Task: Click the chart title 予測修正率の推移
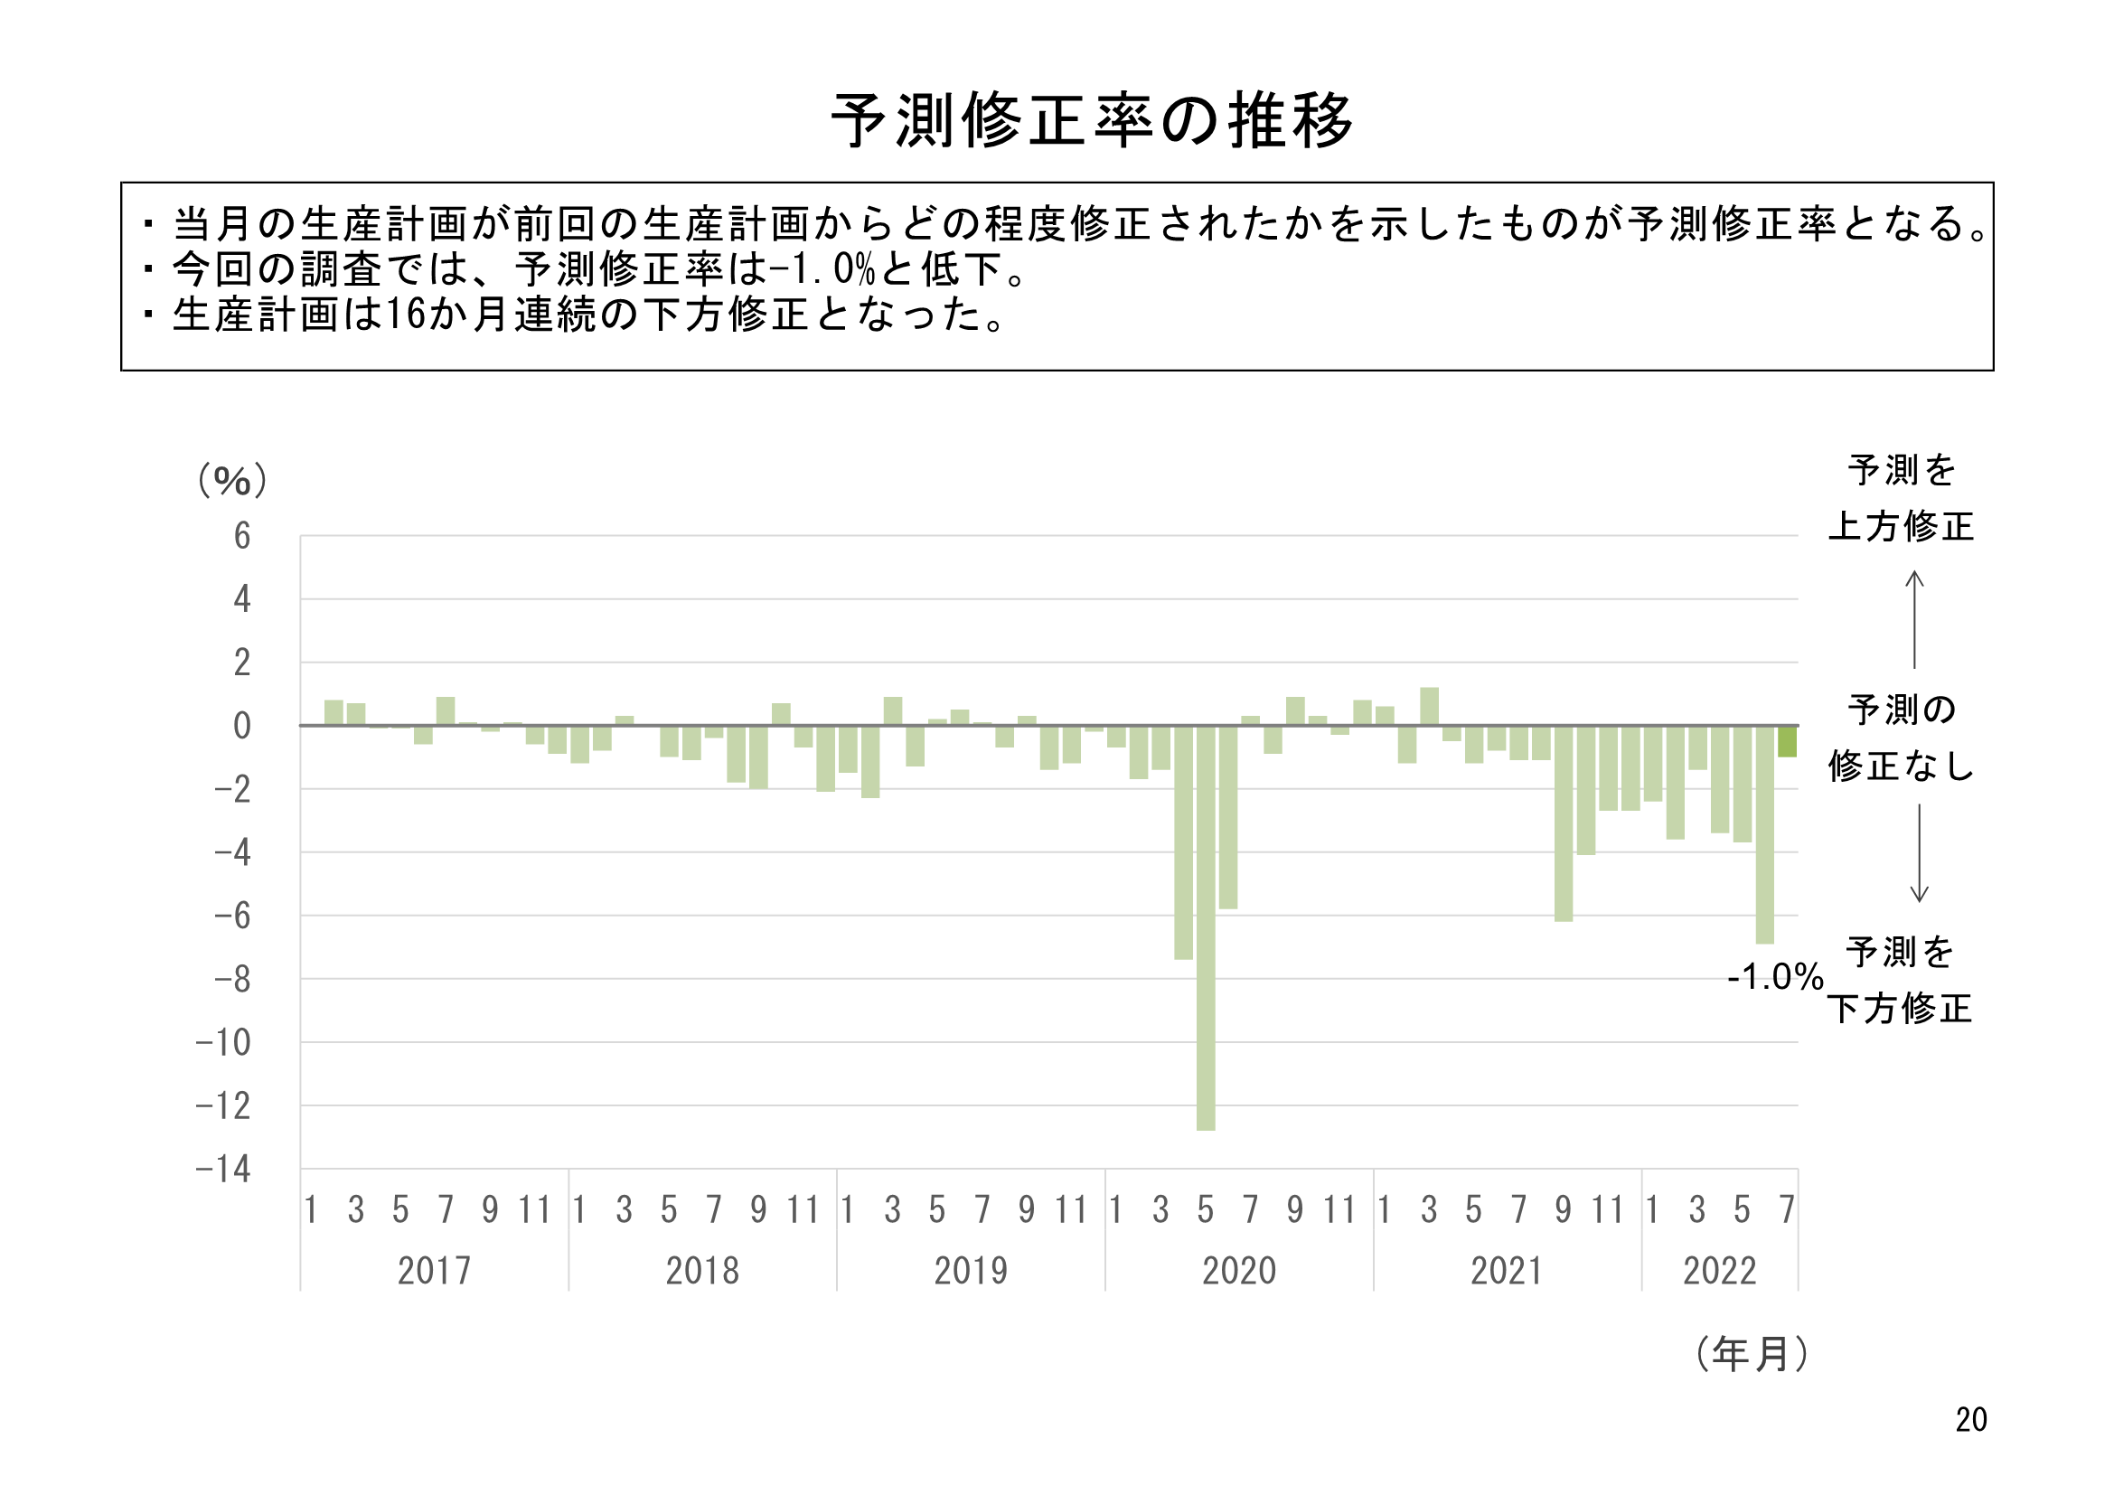tap(1092, 120)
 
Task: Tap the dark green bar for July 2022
tap(1786, 741)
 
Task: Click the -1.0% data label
tap(1774, 977)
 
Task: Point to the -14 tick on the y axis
tap(224, 1170)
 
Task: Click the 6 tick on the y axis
tap(242, 536)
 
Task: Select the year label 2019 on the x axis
tap(971, 1272)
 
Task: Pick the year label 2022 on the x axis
tap(1719, 1272)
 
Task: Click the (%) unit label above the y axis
tap(232, 481)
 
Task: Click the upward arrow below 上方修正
tap(1914, 618)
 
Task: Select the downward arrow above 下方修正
tap(1919, 853)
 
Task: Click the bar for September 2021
tap(1564, 823)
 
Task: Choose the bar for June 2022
tap(1764, 834)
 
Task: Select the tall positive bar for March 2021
tap(1429, 707)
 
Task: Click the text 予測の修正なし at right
tap(1902, 738)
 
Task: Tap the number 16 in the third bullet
tap(405, 315)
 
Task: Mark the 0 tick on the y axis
tap(242, 727)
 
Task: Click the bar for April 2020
tap(1183, 842)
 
